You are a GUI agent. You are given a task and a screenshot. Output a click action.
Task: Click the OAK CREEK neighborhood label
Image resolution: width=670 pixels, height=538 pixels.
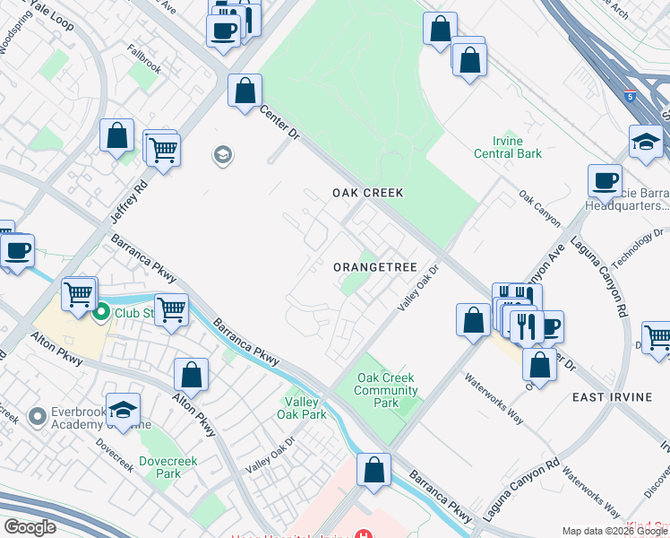[x=367, y=193]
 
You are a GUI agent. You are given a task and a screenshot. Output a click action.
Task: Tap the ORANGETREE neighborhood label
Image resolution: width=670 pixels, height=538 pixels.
[x=375, y=267]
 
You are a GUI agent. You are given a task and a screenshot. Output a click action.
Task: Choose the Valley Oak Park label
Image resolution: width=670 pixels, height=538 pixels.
[x=302, y=408]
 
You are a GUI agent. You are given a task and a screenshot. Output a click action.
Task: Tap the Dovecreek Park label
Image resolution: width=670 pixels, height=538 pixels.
[x=161, y=467]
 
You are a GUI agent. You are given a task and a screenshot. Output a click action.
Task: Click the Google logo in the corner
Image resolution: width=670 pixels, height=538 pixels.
[x=30, y=526]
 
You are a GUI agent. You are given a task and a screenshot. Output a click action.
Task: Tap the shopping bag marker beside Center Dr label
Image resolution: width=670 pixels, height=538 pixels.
[x=245, y=91]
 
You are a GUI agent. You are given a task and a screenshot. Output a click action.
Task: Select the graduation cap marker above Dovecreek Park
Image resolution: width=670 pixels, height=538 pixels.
[x=124, y=410]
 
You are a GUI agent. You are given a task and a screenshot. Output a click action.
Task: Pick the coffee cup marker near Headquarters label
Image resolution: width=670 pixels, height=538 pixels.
[x=605, y=180]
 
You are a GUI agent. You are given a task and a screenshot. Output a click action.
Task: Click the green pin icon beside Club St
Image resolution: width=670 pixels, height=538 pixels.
[x=101, y=313]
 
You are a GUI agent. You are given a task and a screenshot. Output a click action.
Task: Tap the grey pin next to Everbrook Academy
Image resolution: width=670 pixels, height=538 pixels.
[x=37, y=417]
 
